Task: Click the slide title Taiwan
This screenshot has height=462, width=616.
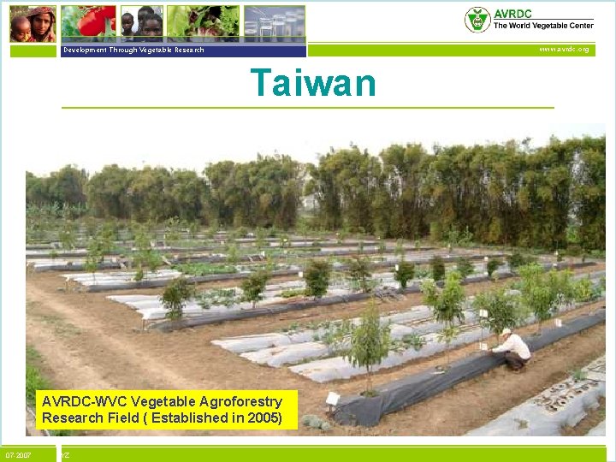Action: click(312, 84)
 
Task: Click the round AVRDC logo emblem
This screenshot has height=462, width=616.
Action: click(477, 20)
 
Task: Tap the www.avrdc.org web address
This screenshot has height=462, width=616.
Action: click(563, 50)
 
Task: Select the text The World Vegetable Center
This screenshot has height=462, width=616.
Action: click(542, 27)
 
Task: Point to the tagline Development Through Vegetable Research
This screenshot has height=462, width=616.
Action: click(133, 50)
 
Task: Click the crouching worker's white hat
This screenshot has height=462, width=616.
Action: click(506, 332)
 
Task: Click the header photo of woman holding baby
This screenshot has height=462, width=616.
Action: click(33, 23)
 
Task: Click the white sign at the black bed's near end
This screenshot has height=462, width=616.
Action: click(332, 398)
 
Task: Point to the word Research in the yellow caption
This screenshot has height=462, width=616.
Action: click(68, 418)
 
